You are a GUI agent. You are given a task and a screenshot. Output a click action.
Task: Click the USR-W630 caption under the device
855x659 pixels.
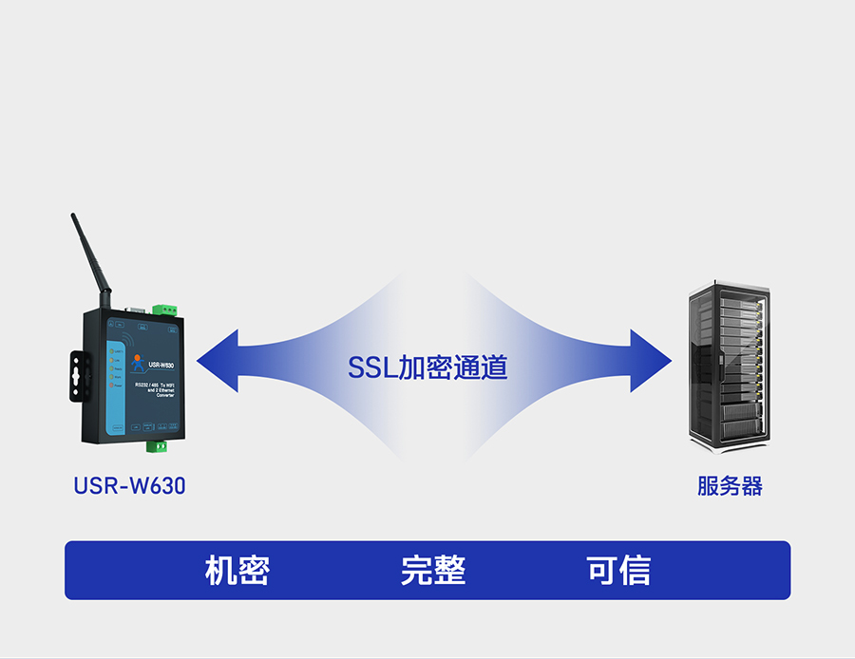point(129,486)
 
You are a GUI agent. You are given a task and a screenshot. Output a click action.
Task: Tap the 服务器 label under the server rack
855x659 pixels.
point(730,487)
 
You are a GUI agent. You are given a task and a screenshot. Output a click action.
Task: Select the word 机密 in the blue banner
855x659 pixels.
point(237,571)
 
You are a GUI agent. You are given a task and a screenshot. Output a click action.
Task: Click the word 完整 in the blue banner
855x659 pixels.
point(433,571)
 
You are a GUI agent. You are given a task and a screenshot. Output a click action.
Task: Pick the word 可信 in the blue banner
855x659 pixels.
point(618,571)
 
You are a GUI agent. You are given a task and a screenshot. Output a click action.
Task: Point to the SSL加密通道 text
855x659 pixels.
point(427,367)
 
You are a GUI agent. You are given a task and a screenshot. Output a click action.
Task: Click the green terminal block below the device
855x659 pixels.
point(157,444)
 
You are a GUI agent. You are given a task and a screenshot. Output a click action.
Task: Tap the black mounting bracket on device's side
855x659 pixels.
point(75,375)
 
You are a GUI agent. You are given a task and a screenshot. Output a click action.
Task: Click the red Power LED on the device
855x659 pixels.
point(112,387)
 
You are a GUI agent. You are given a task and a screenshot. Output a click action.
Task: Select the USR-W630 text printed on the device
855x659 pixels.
point(161,366)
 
